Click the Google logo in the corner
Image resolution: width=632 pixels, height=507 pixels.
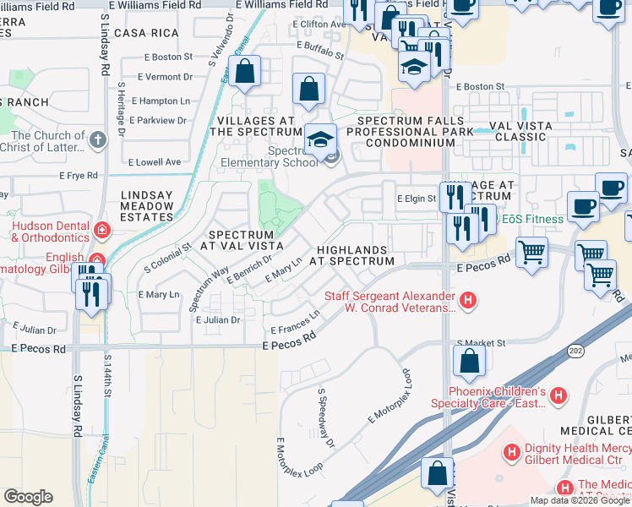pyautogui.click(x=28, y=497)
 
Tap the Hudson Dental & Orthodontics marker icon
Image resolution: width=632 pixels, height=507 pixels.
pyautogui.click(x=101, y=229)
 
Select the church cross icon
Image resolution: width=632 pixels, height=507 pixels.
pyautogui.click(x=99, y=139)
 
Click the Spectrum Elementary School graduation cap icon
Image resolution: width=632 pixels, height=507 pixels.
pyautogui.click(x=320, y=139)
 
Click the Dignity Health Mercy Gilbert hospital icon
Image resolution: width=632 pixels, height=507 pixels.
pyautogui.click(x=510, y=453)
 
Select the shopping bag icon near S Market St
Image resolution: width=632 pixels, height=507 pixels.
pyautogui.click(x=469, y=361)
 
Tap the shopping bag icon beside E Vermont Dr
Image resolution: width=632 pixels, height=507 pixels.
pyautogui.click(x=245, y=73)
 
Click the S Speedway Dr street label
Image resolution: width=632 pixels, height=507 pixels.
pyautogui.click(x=326, y=417)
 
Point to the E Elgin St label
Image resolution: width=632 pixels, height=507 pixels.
pyautogui.click(x=416, y=199)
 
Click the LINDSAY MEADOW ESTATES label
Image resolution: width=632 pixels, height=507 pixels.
pyautogui.click(x=147, y=206)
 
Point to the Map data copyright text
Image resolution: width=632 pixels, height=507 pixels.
pyautogui.click(x=580, y=500)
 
